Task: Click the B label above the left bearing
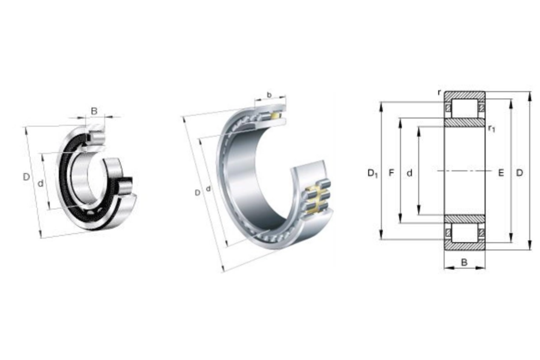coord(94,111)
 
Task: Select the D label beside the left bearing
coord(26,177)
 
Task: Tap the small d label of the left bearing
coord(41,184)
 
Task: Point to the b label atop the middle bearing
coord(269,95)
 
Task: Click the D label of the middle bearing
coord(197,193)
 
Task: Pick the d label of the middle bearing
coord(208,189)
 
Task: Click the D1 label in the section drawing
coord(373,173)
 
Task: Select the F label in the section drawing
coord(391,173)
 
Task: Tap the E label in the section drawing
coord(501,173)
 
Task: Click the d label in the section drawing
coord(409,173)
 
